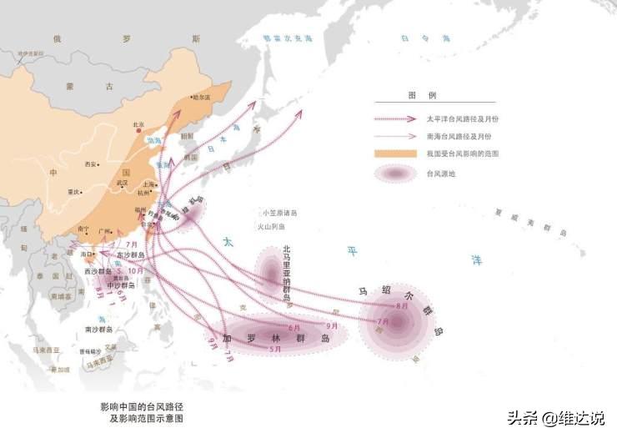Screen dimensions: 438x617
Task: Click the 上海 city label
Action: pos(149,184)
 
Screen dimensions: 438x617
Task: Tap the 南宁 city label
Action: pos(83,228)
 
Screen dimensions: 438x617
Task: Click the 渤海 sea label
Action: pos(154,141)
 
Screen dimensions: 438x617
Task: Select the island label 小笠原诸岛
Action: pos(278,213)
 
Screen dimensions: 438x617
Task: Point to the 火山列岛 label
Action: pos(271,226)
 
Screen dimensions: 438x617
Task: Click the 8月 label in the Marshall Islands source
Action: pos(402,306)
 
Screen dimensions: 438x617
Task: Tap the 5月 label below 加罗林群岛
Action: pos(275,349)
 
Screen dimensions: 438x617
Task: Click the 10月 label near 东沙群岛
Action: pos(136,271)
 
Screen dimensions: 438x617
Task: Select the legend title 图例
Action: pos(415,96)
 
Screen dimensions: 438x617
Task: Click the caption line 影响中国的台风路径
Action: pos(141,405)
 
